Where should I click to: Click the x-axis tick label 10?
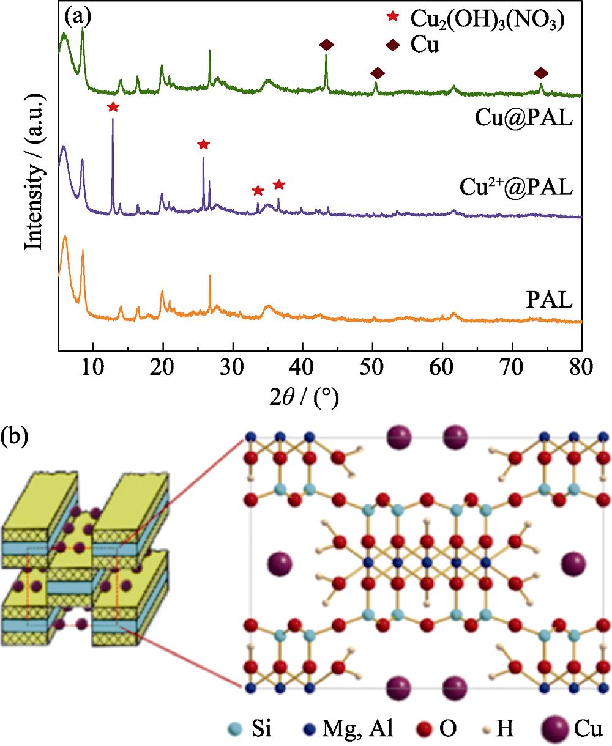point(93,367)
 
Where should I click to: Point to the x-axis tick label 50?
point(371,367)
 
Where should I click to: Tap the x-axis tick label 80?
point(581,367)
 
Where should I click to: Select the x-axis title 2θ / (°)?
point(304,397)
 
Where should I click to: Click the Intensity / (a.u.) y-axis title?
point(34,172)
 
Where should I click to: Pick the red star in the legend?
point(392,17)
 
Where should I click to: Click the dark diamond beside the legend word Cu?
point(392,45)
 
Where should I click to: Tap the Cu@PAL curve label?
point(523,117)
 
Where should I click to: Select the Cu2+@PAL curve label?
point(516,186)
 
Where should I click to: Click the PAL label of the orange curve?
point(550,300)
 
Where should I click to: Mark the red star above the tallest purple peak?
point(113,106)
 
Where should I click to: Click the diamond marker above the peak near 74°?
point(541,73)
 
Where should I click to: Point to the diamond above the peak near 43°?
point(326,45)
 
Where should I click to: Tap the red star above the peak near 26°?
point(203,144)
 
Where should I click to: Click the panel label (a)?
point(78,17)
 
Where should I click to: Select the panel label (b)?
point(14,437)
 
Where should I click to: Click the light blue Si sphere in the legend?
point(234,729)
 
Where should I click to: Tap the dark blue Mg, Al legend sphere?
point(309,729)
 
